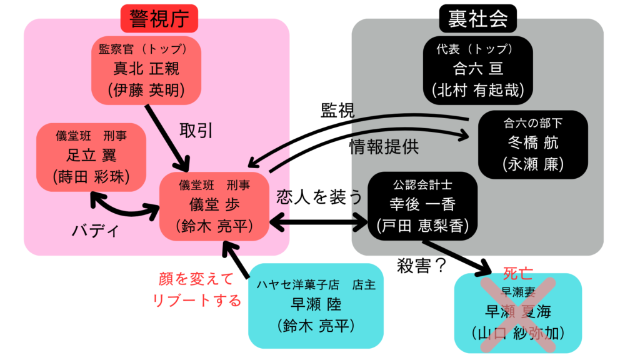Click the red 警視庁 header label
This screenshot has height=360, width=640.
click(x=159, y=19)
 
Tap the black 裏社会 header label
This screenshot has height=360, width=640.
click(x=477, y=19)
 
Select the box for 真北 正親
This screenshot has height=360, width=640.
click(x=147, y=70)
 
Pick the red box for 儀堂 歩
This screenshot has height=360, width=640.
click(x=215, y=206)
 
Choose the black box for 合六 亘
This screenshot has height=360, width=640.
click(x=477, y=70)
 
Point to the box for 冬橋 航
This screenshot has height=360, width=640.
click(x=532, y=144)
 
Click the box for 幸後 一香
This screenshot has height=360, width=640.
click(x=422, y=206)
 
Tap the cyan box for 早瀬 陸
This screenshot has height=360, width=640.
click(x=316, y=304)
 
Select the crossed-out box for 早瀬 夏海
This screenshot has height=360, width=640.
click(x=517, y=312)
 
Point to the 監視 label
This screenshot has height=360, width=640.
click(x=337, y=110)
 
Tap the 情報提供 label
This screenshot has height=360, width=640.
click(x=384, y=147)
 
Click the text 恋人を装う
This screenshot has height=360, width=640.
click(x=319, y=197)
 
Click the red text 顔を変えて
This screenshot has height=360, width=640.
click(x=196, y=278)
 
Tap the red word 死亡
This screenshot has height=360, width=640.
click(x=517, y=274)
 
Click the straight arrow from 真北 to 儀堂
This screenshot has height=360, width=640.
click(x=167, y=136)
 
